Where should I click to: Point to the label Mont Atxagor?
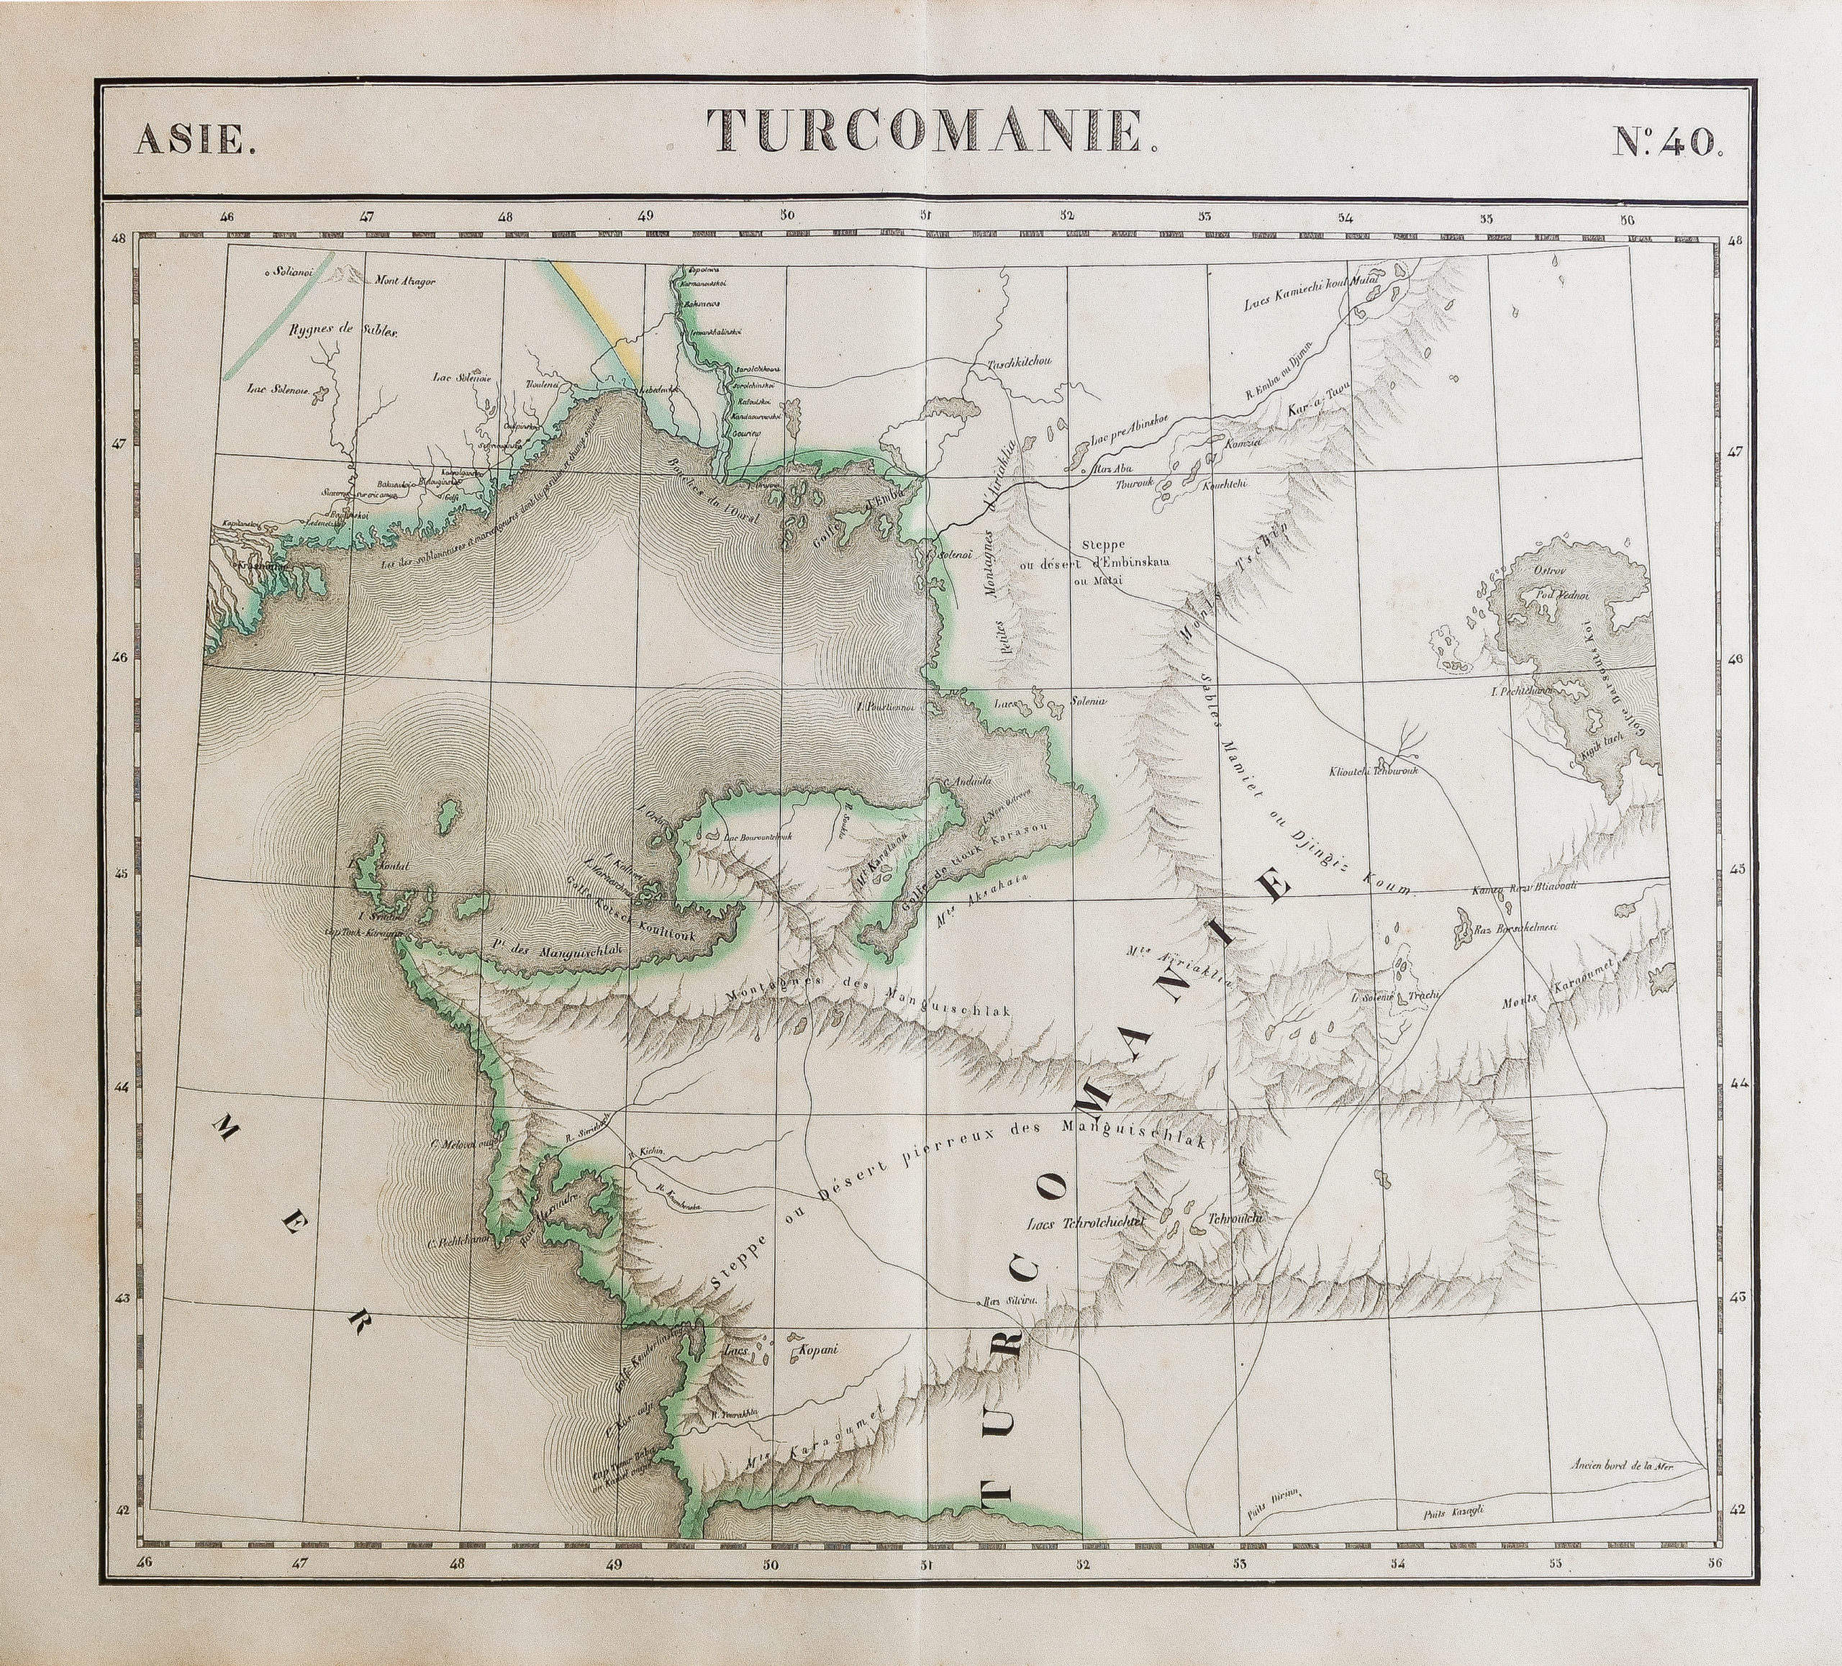(405, 281)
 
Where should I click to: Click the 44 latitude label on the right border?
(1737, 1084)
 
